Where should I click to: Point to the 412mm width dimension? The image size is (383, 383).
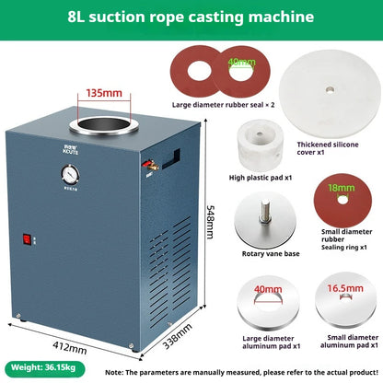(69, 347)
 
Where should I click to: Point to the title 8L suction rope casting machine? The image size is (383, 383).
(191, 17)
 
